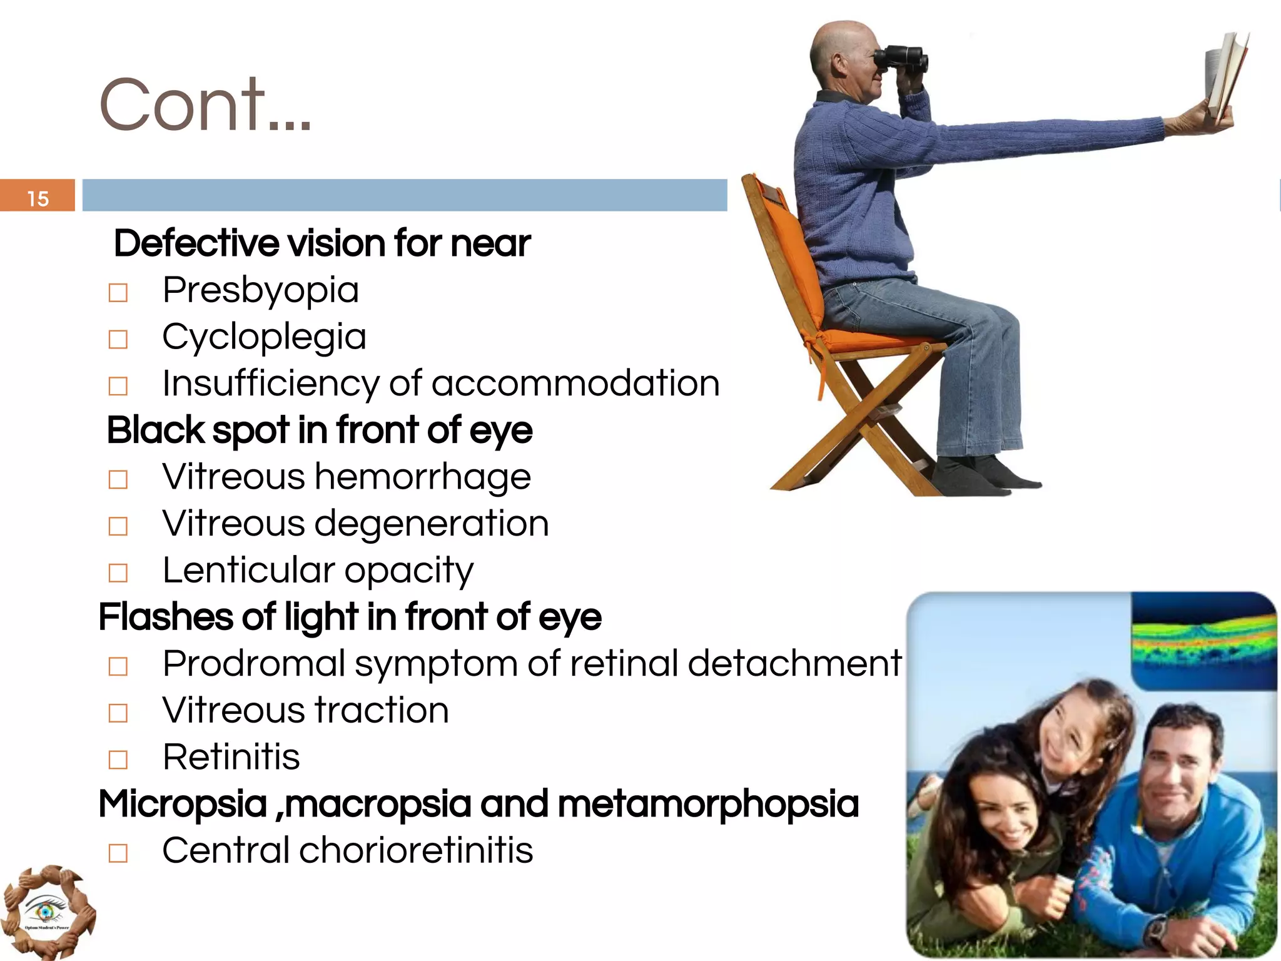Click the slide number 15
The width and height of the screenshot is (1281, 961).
38,198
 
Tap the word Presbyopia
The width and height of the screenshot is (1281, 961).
260,290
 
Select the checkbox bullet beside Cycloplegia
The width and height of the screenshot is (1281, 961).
118,339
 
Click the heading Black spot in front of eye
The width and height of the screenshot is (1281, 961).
320,430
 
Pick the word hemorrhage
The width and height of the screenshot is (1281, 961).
423,477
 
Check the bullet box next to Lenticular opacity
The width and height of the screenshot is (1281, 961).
118,572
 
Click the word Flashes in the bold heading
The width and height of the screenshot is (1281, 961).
165,617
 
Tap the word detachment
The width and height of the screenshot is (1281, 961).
794,663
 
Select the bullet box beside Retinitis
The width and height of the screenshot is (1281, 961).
118,760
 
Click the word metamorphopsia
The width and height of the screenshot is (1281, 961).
707,804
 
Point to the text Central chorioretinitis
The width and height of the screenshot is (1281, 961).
347,851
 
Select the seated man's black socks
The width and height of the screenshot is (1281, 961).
982,475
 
